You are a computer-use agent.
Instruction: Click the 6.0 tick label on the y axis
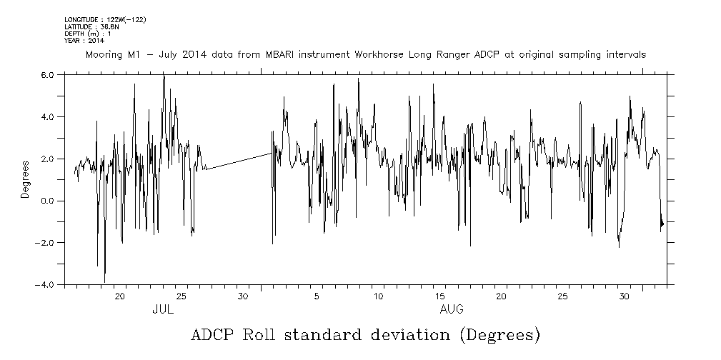pos(47,75)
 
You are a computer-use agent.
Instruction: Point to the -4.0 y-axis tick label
pos(46,285)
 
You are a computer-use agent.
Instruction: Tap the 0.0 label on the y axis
pos(47,201)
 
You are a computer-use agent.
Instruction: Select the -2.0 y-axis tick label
pos(46,243)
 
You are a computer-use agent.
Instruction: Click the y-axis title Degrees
pos(25,179)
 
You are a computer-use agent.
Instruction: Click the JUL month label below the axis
pos(163,310)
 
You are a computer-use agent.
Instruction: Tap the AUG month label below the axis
pos(452,310)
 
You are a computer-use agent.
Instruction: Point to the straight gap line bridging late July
pos(239,161)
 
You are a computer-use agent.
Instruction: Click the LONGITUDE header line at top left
pos(105,19)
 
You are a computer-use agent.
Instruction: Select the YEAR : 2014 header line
pos(84,41)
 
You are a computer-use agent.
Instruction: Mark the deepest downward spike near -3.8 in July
pos(104,280)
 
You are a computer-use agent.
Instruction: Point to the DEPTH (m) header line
pos(88,34)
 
